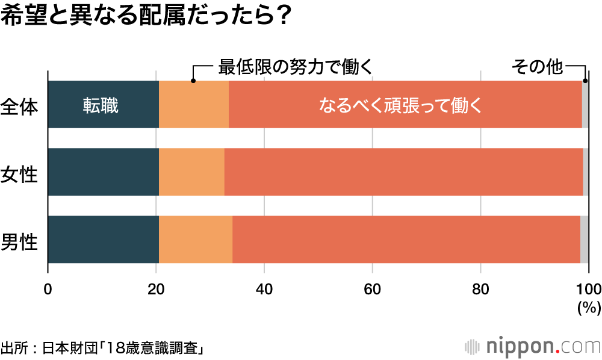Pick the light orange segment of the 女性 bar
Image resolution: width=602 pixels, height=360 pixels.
click(191, 172)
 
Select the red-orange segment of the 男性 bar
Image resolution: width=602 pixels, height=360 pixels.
click(406, 239)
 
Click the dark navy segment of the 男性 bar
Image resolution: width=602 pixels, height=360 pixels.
click(103, 239)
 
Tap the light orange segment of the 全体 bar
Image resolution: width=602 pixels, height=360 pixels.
click(194, 104)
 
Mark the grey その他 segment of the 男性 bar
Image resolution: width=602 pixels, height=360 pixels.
click(585, 239)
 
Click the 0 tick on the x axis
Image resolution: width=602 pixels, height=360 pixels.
click(48, 287)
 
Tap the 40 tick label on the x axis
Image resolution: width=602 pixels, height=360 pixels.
click(264, 287)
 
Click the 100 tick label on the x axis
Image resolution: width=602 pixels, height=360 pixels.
click(588, 287)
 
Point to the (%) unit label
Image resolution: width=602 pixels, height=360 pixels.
click(589, 308)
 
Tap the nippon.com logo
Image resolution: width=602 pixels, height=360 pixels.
click(533, 347)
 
